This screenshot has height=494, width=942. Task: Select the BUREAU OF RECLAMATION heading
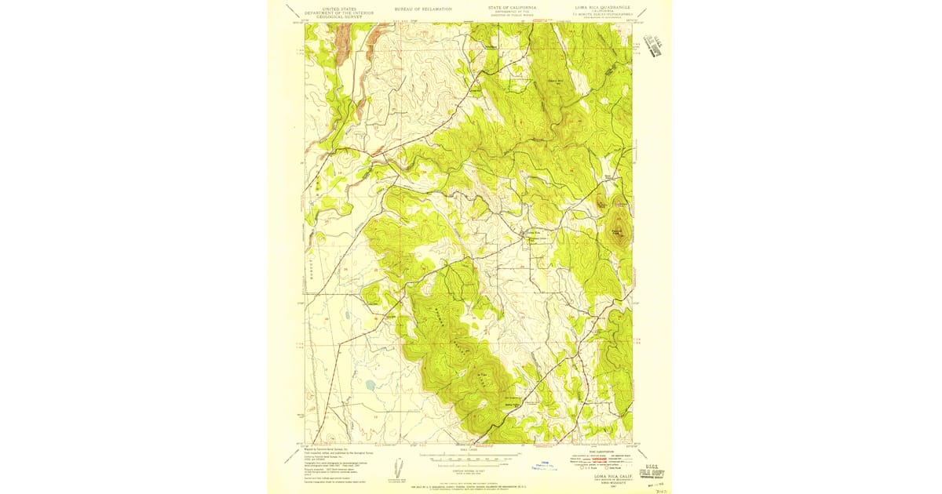click(424, 9)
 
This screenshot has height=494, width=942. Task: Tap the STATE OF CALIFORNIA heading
click(513, 8)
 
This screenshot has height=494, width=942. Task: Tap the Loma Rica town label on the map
click(534, 232)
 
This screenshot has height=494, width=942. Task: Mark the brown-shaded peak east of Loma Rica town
click(619, 233)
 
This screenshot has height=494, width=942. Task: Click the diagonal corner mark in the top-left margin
click(290, 11)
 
